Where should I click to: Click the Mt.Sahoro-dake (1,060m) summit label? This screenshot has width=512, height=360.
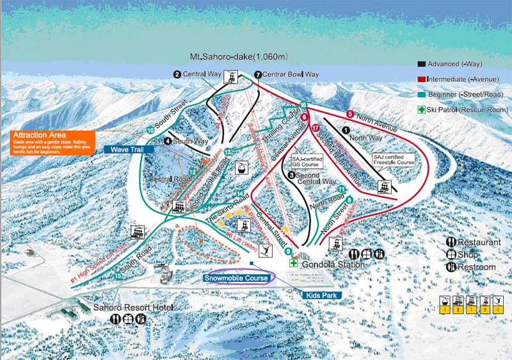pyautogui.click(x=239, y=57)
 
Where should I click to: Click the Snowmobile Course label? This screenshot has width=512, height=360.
pyautogui.click(x=237, y=278)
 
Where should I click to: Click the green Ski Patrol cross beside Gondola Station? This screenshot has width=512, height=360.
pyautogui.click(x=292, y=263)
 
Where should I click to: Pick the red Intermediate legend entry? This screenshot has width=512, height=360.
pyautogui.click(x=460, y=78)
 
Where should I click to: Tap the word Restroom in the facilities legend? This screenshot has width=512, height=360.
pyautogui.click(x=477, y=266)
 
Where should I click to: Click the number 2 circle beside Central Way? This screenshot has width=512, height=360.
pyautogui.click(x=177, y=74)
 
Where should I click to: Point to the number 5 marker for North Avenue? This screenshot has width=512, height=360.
pyautogui.click(x=349, y=114)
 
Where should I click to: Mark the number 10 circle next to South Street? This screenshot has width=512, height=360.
pyautogui.click(x=150, y=130)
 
